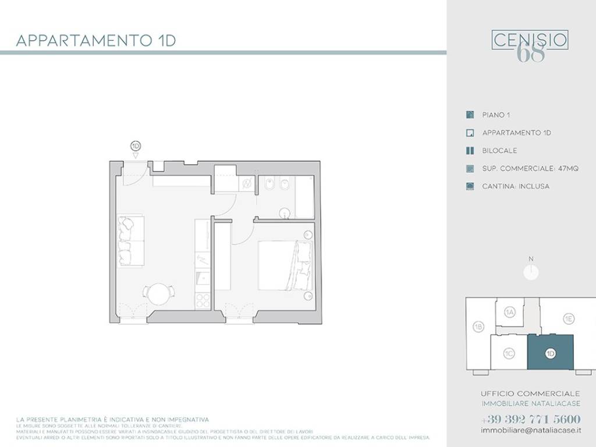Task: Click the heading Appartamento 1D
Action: pos(96,41)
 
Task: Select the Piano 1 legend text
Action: pos(496,115)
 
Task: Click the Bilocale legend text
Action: pos(499,151)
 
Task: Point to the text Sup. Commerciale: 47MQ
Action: pos(530,169)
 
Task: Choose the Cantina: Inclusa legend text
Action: pos(516,186)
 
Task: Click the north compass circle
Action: pos(531,272)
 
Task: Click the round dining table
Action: pos(158,294)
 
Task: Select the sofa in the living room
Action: pos(130,242)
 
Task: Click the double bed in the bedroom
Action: pos(285,265)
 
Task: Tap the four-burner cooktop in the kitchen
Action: pos(203,300)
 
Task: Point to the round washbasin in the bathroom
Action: pos(285,212)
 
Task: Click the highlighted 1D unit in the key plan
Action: pos(551,352)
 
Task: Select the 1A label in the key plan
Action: pos(510,313)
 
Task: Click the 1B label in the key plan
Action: pos(478,327)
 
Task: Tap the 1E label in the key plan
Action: pos(568,318)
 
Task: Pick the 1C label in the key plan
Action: pos(509,353)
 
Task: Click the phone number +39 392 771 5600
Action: pos(530,419)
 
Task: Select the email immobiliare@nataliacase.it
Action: pos(530,430)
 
